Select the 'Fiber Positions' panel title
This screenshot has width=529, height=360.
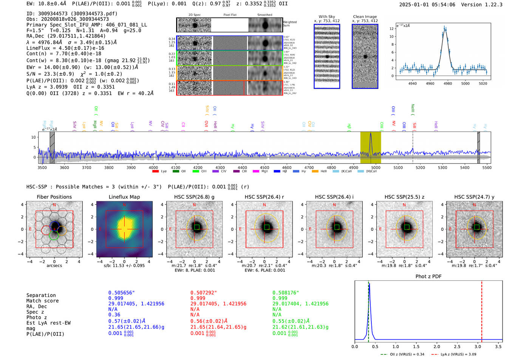54,197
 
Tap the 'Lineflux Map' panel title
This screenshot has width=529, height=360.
124,197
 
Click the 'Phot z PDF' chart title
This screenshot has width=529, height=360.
428,277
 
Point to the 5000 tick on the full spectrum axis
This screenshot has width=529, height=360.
376,168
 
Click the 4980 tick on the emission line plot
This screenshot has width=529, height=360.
448,83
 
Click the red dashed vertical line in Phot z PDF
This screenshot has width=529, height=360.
482,310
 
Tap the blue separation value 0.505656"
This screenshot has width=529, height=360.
121,293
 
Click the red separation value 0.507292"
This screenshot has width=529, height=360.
204,293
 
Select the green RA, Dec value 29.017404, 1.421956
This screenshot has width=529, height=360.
300,304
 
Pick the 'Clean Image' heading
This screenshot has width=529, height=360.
365,17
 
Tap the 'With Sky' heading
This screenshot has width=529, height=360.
326,17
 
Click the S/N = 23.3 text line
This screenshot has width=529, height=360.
74,74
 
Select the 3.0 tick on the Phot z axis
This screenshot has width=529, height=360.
478,346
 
